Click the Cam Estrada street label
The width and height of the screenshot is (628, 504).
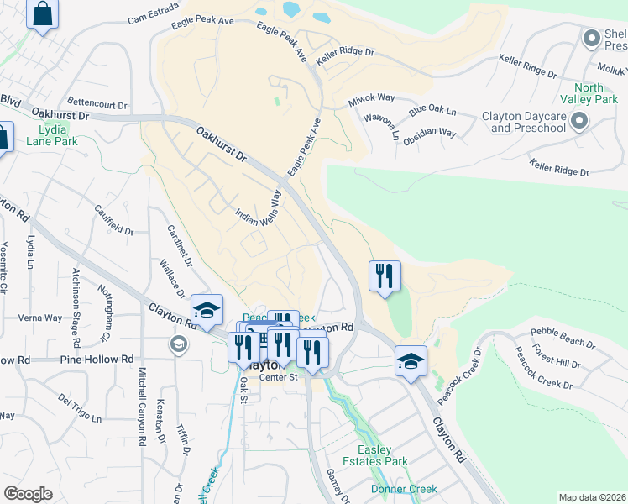154,13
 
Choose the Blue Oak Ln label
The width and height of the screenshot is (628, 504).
432,112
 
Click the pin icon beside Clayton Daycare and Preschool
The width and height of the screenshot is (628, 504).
578,123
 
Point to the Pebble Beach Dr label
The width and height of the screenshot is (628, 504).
563,341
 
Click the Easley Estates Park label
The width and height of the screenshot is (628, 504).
382,456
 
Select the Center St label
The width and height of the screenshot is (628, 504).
279,377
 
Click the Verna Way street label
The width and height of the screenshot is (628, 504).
41,318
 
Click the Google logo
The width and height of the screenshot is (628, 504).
28,493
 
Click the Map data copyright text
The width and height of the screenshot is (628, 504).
592,497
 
